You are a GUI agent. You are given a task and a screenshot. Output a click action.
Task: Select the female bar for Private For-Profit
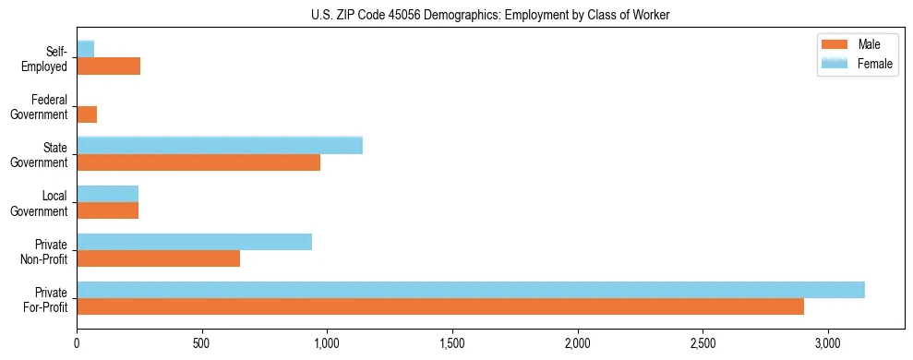pyautogui.click(x=471, y=290)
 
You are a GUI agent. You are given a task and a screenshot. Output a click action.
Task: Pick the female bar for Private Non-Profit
pyautogui.click(x=195, y=242)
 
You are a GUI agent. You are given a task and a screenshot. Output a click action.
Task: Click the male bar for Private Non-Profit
pyautogui.click(x=159, y=258)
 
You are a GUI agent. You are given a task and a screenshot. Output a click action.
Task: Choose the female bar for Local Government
pyautogui.click(x=108, y=193)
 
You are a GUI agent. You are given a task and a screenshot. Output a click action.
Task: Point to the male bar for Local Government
pyautogui.click(x=108, y=210)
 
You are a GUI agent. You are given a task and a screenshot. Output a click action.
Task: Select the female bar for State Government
pyautogui.click(x=220, y=145)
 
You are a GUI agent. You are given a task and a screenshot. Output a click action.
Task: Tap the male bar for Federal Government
pyautogui.click(x=87, y=114)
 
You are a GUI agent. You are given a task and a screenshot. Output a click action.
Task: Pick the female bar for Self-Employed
pyautogui.click(x=86, y=49)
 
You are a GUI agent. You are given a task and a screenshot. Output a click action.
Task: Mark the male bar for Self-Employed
pyautogui.click(x=109, y=66)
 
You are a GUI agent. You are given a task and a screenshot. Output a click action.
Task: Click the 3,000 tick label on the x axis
pyautogui.click(x=828, y=343)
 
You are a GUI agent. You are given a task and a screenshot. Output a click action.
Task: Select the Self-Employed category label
pyautogui.click(x=47, y=59)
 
